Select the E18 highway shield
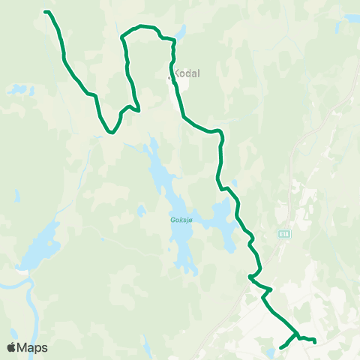283,233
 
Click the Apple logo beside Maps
12,347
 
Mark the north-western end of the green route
46,11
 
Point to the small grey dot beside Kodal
172,73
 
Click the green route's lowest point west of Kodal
110,132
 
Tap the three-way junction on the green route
297,334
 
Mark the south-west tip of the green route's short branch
280,347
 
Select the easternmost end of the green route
314,343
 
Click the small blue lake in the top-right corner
349,18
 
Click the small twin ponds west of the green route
16,90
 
